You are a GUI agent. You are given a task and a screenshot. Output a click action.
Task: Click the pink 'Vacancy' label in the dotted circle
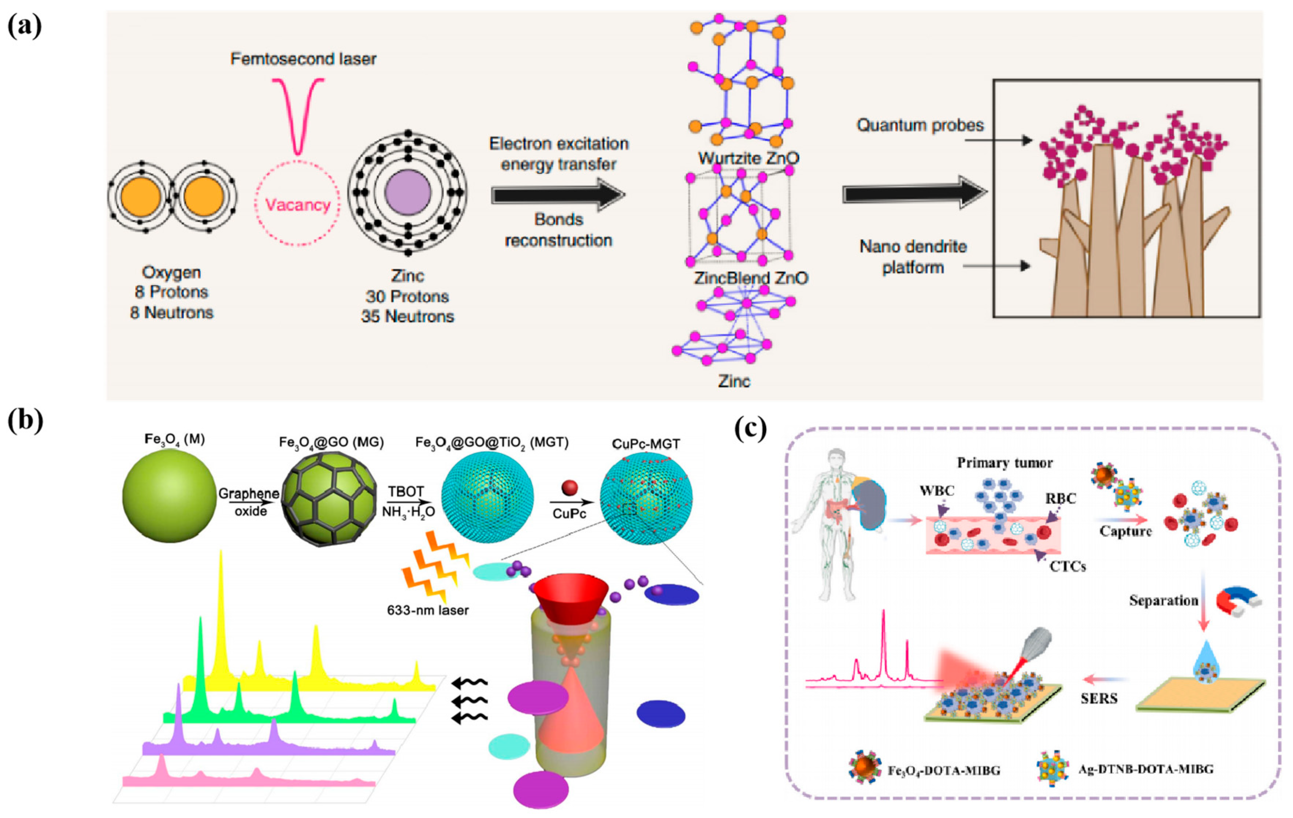coord(297,205)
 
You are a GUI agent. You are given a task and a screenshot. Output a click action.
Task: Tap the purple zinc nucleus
coord(408,193)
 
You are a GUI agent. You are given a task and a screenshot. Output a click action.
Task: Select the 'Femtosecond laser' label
coord(303,59)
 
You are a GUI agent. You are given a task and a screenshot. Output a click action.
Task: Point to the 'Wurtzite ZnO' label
coord(748,159)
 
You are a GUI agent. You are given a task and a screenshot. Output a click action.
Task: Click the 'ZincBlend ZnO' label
coord(751,278)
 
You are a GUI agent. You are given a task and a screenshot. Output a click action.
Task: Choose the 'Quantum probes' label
coord(920,125)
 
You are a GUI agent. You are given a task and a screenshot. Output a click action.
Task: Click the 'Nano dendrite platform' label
coord(913,257)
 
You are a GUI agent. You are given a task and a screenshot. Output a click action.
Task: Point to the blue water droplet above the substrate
coord(1204,665)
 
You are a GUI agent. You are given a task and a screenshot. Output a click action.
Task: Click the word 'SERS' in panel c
coord(1099,698)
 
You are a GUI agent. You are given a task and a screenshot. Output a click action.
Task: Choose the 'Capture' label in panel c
coord(1125,531)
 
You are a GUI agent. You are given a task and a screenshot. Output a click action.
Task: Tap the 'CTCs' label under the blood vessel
coord(1067,566)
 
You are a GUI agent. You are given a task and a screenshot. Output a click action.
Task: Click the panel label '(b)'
coord(25,421)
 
